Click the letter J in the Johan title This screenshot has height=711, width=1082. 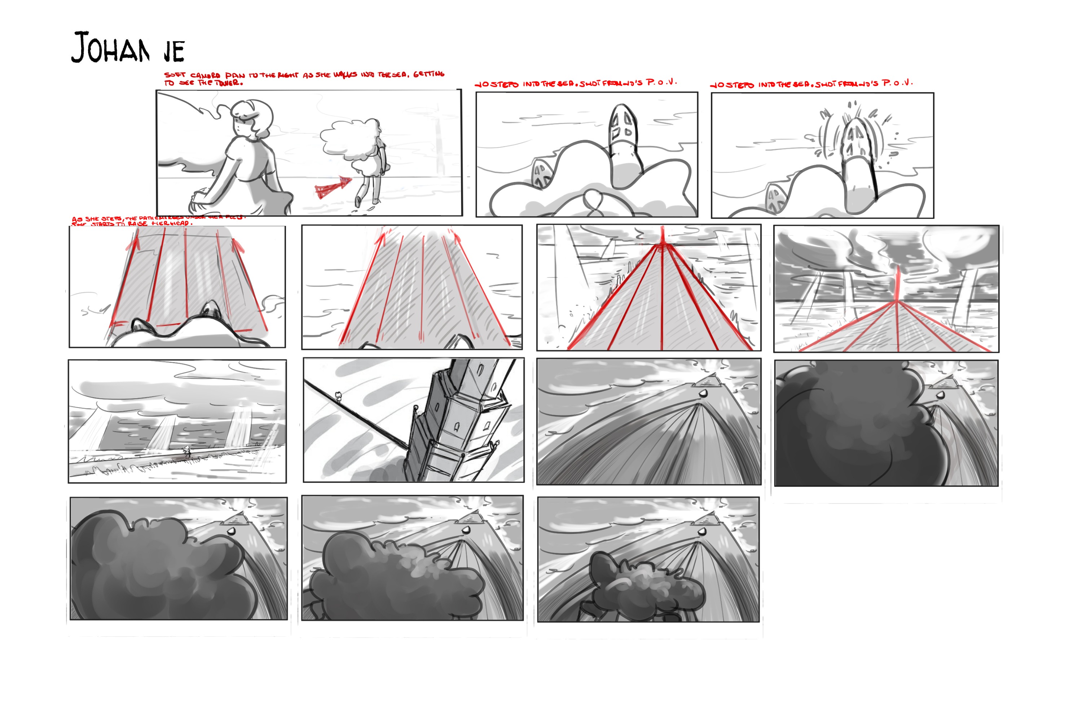pos(80,47)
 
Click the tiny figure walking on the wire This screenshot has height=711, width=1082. pos(338,396)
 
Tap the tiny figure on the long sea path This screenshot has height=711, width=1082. pos(186,451)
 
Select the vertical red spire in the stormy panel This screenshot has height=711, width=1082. pos(897,284)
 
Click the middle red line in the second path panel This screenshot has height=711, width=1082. pos(422,291)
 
